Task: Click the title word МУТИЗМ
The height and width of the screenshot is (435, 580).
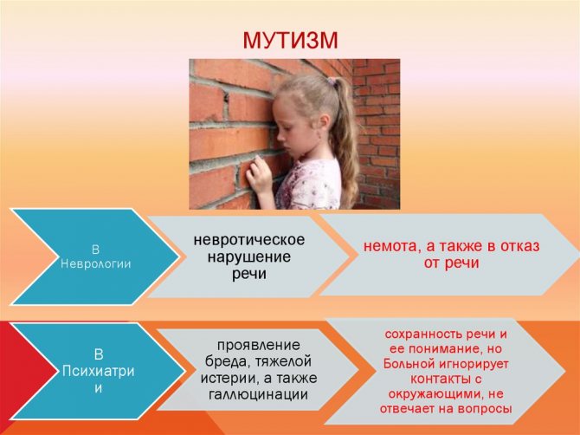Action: [290, 41]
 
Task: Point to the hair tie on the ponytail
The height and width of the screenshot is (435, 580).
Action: [332, 81]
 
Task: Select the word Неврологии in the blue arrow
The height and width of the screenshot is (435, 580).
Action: [96, 264]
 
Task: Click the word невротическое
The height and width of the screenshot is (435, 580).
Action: [249, 239]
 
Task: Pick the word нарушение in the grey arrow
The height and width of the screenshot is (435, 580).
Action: [249, 257]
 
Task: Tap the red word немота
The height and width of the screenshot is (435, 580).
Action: [392, 246]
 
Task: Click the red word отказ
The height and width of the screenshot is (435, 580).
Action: [520, 246]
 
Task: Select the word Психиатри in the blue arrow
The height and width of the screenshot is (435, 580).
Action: [98, 371]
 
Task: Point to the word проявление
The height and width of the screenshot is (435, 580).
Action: [258, 346]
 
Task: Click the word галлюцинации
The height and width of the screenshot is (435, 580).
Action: [258, 394]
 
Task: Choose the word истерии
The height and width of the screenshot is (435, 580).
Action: [222, 379]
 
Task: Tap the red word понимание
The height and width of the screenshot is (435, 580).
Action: [435, 349]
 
